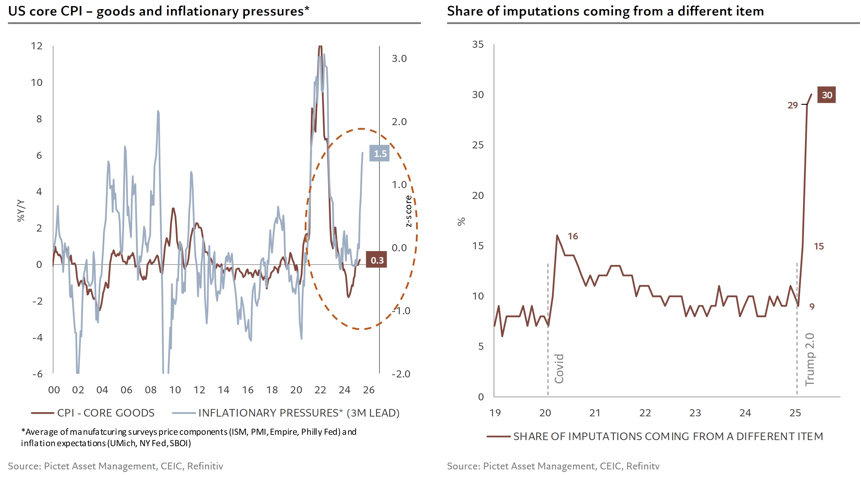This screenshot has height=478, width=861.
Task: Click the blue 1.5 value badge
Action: click(379, 153)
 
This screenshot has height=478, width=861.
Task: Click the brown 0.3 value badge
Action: click(377, 260)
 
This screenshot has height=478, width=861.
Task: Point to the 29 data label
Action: click(793, 105)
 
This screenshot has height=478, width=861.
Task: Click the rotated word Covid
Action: click(559, 369)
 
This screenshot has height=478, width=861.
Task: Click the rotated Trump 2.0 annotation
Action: click(809, 360)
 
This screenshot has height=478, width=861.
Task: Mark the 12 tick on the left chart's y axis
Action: click(37, 46)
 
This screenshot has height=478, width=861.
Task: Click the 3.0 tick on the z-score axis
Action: click(399, 59)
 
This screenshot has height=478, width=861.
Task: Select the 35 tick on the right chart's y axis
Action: click(478, 44)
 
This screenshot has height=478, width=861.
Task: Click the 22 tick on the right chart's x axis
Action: click(645, 413)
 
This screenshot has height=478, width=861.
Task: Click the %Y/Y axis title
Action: click(21, 211)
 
